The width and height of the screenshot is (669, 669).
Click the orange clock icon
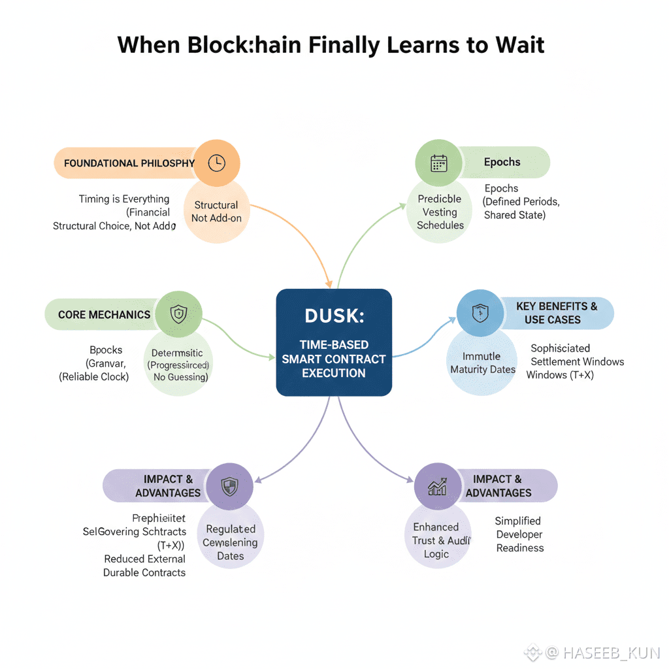[x=216, y=163]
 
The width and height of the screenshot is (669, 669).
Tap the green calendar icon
[x=439, y=163]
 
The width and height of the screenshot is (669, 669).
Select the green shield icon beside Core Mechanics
[x=178, y=314]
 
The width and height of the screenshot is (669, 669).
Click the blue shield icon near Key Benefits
[x=480, y=313]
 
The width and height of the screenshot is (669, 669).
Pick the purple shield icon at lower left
[x=229, y=486]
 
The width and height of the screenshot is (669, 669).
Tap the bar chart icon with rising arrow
[x=438, y=486]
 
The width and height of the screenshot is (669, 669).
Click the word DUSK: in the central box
[x=334, y=316]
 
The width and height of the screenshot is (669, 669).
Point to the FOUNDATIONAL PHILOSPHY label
[x=129, y=163]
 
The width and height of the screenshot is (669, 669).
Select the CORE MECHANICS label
[x=104, y=315]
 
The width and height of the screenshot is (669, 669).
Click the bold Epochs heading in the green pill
[x=502, y=162]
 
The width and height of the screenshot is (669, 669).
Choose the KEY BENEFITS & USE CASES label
[x=557, y=313]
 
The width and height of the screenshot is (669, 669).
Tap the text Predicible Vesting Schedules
[x=440, y=212]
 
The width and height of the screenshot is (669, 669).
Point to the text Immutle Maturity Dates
[x=482, y=363]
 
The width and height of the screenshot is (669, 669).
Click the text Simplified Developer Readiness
[x=519, y=534]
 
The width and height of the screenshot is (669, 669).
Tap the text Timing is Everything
[x=123, y=199]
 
